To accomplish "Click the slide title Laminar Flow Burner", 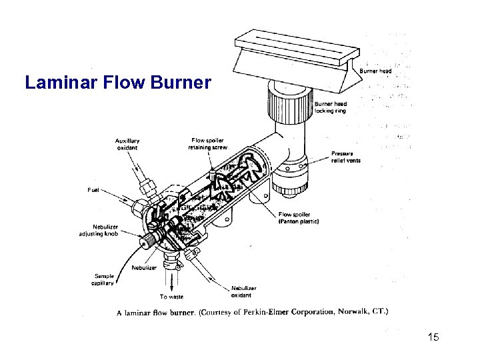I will [117, 83].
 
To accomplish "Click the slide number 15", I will [433, 337].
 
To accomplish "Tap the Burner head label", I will [375, 71].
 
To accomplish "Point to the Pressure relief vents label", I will [346, 157].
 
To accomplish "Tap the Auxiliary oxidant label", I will [127, 144].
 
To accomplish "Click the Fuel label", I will [95, 190].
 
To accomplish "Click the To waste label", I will [171, 297].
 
